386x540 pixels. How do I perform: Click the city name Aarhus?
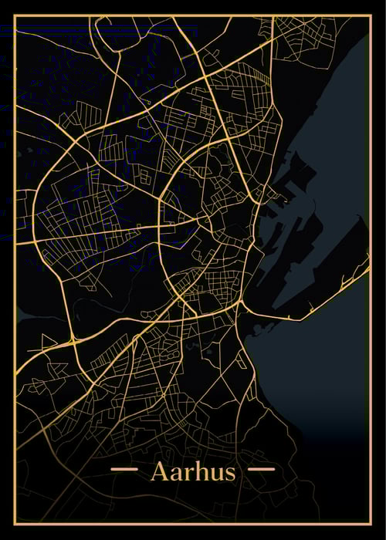tap(193, 471)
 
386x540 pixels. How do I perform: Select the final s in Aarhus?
tap(229, 473)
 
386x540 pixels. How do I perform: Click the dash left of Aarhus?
tap(124, 468)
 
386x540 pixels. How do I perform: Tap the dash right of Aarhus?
tap(260, 468)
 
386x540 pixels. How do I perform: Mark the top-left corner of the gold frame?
tap(15, 15)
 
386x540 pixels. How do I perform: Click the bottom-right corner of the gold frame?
tap(371, 525)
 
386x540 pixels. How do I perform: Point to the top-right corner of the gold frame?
tap(371, 15)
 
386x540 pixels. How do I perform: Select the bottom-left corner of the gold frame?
tap(15, 525)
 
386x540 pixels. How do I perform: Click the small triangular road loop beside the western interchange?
tap(48, 341)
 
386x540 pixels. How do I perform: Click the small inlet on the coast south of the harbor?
tap(255, 329)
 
